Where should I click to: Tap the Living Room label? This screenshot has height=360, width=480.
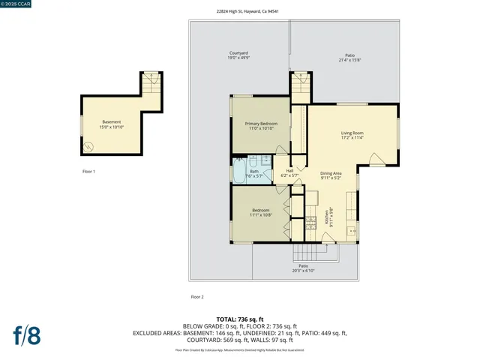(x=352, y=133)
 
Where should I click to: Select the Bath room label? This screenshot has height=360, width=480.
(x=254, y=172)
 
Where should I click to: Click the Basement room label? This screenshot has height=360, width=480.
(x=111, y=122)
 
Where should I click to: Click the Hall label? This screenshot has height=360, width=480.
(x=289, y=171)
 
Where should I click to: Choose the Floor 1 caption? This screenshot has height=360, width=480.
(x=89, y=172)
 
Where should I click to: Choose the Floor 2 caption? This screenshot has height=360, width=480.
(x=197, y=297)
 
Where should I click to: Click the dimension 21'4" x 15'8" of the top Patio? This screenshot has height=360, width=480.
(x=349, y=59)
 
